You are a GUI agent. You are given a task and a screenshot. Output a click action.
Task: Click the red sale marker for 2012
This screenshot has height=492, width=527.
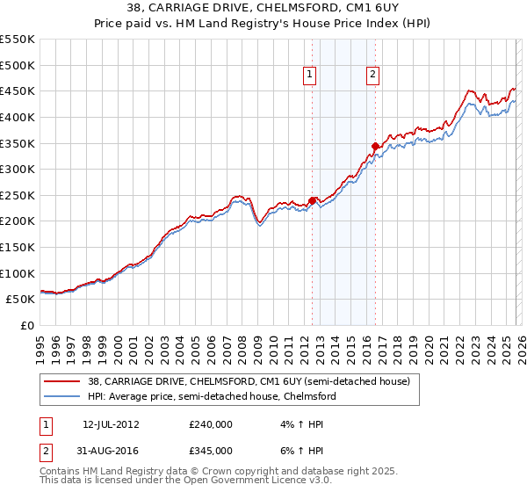click(x=312, y=200)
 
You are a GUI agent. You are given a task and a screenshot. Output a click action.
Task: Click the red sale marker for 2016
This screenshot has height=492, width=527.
click(x=375, y=146)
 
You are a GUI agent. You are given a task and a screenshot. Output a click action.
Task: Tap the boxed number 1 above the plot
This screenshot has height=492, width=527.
click(x=311, y=76)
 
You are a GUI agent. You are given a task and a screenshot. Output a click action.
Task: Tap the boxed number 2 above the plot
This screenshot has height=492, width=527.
click(x=373, y=76)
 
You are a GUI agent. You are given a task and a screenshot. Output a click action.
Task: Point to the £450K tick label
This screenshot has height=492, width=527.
click(x=18, y=91)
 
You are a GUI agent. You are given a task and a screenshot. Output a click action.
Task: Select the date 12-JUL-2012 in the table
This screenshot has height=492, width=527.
click(x=111, y=423)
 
